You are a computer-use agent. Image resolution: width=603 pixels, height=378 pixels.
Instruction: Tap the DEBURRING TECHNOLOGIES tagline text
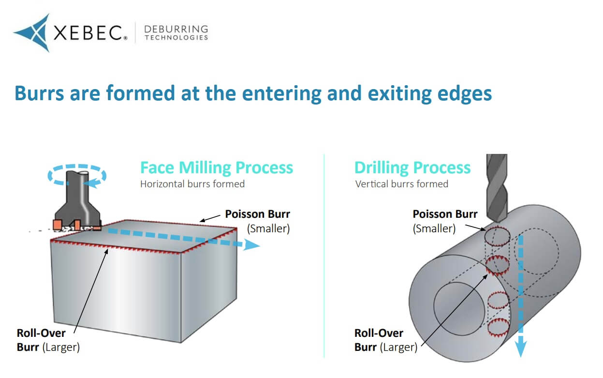[x=176, y=33]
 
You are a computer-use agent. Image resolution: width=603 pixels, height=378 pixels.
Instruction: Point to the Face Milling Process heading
[x=216, y=167]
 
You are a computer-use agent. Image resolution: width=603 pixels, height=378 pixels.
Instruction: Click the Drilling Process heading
[x=412, y=167]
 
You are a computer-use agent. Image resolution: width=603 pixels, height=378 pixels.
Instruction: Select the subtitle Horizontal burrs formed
[x=192, y=184]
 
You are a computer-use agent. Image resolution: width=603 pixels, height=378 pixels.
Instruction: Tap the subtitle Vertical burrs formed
[x=401, y=184]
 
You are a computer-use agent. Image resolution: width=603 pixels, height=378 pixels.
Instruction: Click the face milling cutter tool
[x=77, y=203]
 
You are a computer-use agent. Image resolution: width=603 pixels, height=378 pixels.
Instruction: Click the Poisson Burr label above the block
[x=258, y=214]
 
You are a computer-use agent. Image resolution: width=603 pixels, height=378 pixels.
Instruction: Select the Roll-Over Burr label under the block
[x=48, y=340]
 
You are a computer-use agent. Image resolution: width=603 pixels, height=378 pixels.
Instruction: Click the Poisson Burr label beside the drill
[x=444, y=214]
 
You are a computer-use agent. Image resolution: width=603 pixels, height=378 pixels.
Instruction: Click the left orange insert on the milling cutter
[x=58, y=225]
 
